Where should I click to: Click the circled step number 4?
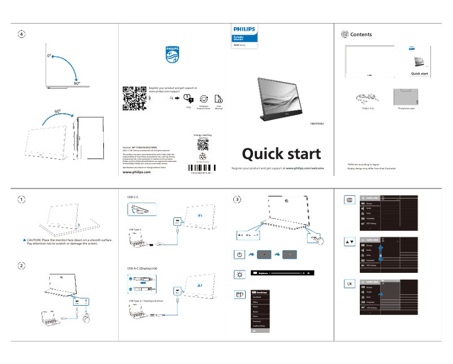coord(21,35)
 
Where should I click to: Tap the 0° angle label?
coord(49,57)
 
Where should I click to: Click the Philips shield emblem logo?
coord(172,55)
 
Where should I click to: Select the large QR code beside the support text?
coord(134,98)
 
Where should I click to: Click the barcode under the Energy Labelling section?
coord(202,168)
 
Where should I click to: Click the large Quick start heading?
coord(281,153)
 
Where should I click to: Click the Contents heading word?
coord(361,35)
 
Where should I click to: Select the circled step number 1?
coord(21,199)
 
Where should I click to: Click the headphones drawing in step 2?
coord(86,319)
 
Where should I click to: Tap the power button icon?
coord(239,254)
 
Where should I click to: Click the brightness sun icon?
coord(239,275)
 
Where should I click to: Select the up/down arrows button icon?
coord(350,242)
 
